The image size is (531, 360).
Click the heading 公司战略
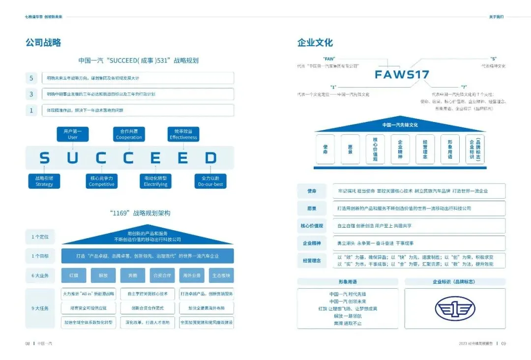43,43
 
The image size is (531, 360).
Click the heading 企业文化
315,43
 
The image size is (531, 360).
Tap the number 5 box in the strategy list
31,78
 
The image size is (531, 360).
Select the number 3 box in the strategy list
31,94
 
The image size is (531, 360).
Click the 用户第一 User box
73,134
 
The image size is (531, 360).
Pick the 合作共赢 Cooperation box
129,134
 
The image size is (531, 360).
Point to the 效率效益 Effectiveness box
183,134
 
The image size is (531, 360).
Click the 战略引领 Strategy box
44,181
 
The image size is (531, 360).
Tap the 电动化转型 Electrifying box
156,181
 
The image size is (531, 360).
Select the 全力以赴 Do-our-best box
211,181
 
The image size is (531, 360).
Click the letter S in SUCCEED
44,158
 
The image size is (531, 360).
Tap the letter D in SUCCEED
211,158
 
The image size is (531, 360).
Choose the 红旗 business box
74,275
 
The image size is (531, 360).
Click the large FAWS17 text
402,75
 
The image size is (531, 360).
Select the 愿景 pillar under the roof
351,149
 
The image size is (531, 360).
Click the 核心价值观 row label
312,226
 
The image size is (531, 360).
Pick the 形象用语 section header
347,282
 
